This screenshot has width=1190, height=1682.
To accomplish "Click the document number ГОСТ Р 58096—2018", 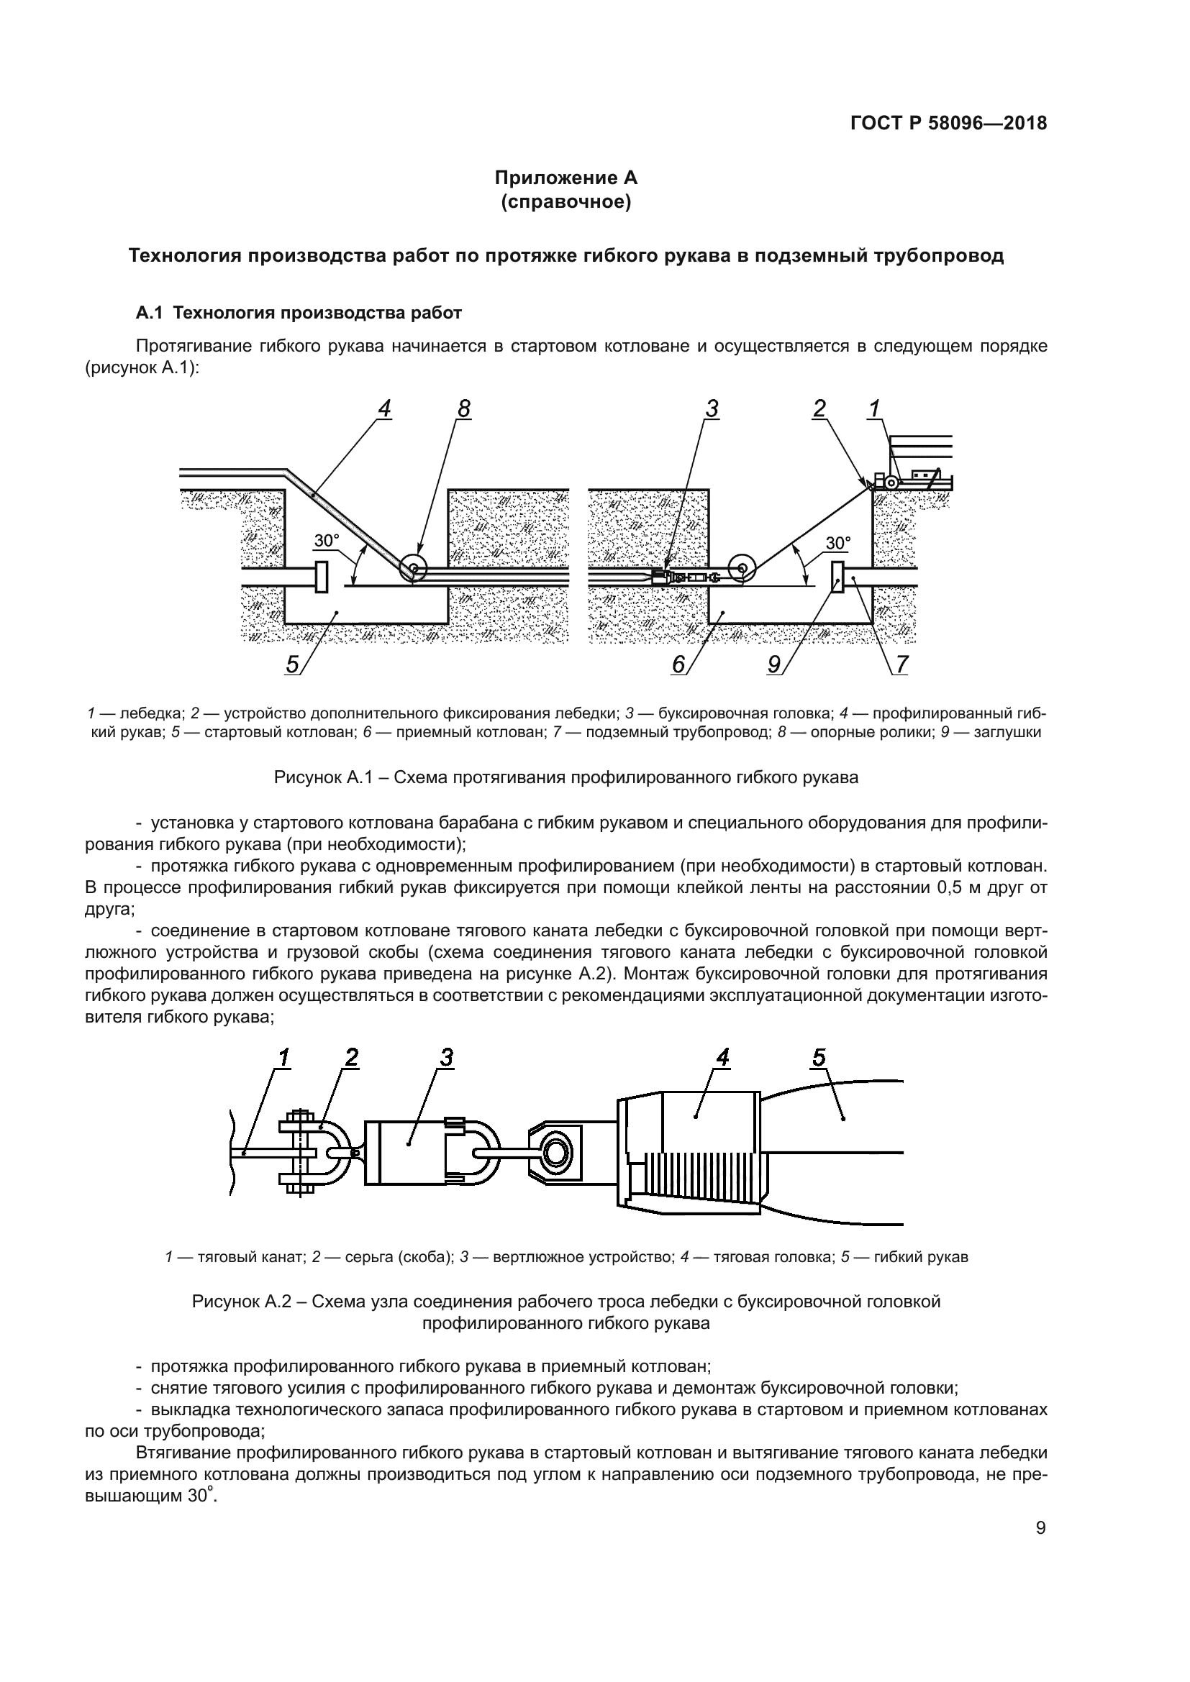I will [x=948, y=124].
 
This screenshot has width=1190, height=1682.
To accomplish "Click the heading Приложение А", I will [x=566, y=178].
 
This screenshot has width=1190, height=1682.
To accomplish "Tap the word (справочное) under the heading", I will [x=566, y=201].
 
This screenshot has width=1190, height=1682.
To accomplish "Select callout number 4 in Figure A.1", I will [x=384, y=409].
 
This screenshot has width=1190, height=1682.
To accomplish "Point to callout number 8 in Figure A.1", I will [x=464, y=409].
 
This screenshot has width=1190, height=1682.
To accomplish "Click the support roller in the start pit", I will [x=414, y=568].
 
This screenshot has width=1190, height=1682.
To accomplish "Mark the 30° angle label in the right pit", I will [x=837, y=544].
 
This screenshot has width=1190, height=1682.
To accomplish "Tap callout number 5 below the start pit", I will [x=292, y=664].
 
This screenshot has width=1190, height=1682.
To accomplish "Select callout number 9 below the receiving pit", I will [x=774, y=664].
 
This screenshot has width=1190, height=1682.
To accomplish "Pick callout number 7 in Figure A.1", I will [x=901, y=664].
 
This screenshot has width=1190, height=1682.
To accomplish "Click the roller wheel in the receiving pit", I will [x=742, y=568].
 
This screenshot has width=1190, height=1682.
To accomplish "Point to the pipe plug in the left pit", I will [x=320, y=577].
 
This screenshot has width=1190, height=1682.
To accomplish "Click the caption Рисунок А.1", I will [x=566, y=777].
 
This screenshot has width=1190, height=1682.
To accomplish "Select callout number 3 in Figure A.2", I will [x=446, y=1058].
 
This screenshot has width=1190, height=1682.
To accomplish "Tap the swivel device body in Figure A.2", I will [x=404, y=1152].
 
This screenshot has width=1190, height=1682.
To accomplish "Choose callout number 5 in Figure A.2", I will [x=819, y=1058].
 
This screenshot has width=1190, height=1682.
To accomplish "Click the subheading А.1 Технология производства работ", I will [x=299, y=314].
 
